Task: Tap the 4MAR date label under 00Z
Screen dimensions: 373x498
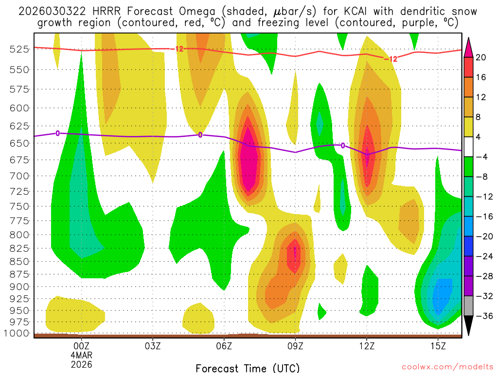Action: click(x=82, y=355)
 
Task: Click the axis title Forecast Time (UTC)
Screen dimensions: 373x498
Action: click(x=248, y=368)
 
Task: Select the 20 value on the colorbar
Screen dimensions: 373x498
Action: click(x=481, y=57)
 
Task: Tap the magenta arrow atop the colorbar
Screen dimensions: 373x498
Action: click(x=469, y=47)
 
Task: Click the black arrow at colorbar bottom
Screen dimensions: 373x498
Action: click(x=469, y=325)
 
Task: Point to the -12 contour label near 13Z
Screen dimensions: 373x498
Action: click(x=391, y=59)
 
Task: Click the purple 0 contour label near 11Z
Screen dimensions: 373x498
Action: click(x=343, y=145)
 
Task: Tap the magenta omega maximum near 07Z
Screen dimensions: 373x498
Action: click(x=249, y=160)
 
